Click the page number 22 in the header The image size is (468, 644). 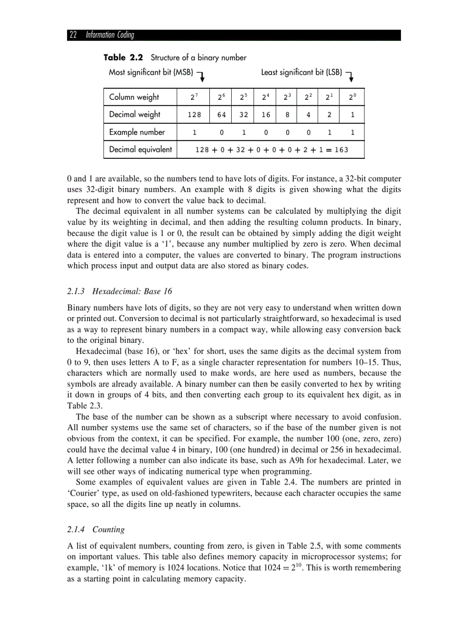73,36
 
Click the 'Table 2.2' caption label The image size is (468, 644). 123,57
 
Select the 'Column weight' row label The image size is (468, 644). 134,97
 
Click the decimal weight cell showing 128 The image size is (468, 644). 194,115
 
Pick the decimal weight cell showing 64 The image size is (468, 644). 221,115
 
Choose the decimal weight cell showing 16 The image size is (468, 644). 266,115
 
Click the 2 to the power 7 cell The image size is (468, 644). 194,97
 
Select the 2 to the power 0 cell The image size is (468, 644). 353,97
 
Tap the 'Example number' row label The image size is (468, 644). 137,132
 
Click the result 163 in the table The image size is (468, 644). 341,150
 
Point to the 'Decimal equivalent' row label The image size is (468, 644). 141,150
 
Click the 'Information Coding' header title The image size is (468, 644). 110,36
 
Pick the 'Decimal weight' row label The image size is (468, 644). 135,115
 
